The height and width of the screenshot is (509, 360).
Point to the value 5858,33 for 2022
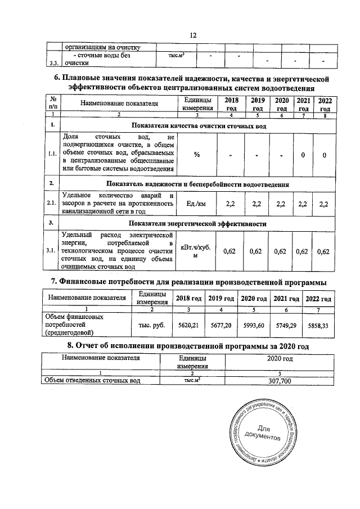click(318, 325)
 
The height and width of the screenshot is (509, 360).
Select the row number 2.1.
click(52, 203)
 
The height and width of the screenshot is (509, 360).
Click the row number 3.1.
click(52, 251)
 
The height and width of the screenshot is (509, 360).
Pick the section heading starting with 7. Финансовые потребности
click(188, 281)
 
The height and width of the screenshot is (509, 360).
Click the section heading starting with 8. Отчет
click(188, 345)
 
